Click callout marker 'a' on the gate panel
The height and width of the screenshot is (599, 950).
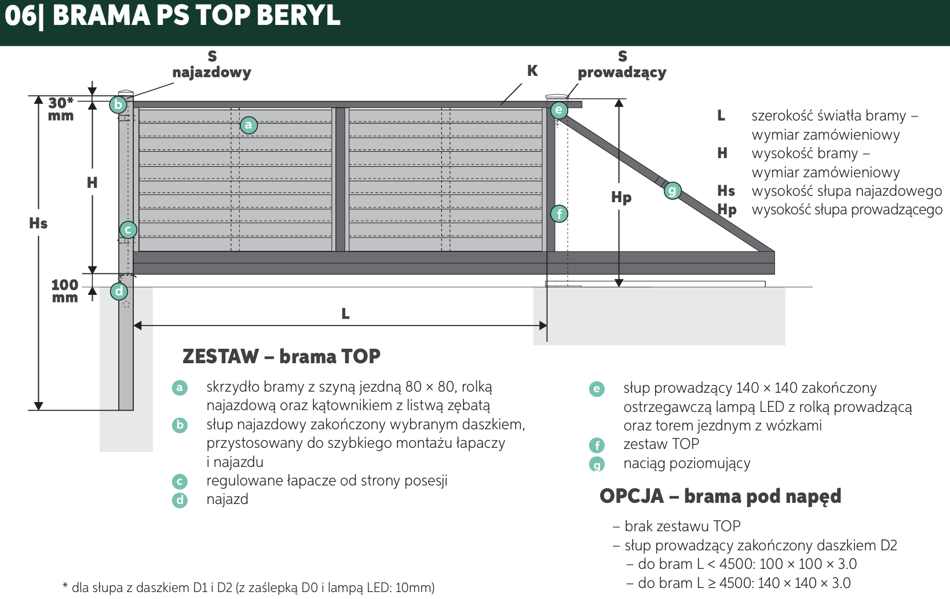coord(249,125)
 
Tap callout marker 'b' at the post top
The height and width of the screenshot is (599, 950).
coord(118,104)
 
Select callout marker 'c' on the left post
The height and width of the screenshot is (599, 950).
coord(128,230)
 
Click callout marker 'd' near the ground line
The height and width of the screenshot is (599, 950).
coord(119,291)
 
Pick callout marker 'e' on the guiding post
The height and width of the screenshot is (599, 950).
coord(559,110)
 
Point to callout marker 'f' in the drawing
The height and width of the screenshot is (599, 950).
coord(560,214)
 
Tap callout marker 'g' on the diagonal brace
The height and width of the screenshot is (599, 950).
coord(672,191)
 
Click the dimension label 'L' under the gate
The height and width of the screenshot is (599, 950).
coord(346,314)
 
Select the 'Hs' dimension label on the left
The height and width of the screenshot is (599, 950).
coord(38,223)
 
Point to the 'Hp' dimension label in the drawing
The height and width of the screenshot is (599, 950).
coord(622,198)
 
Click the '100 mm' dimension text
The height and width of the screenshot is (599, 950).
coord(65,291)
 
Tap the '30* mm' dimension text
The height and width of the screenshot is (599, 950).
coord(61,109)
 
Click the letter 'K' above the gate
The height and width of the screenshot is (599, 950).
coord(532,71)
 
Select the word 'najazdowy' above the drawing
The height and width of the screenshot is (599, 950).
coord(211,72)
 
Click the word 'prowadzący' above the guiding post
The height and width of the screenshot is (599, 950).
coord(622,72)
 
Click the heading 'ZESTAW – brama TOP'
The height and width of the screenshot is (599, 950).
coord(281,356)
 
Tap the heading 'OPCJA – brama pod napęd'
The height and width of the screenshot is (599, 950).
coord(720,496)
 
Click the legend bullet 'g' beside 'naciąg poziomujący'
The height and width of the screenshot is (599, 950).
coord(597,464)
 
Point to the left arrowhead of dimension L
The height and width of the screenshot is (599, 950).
coord(137,326)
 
